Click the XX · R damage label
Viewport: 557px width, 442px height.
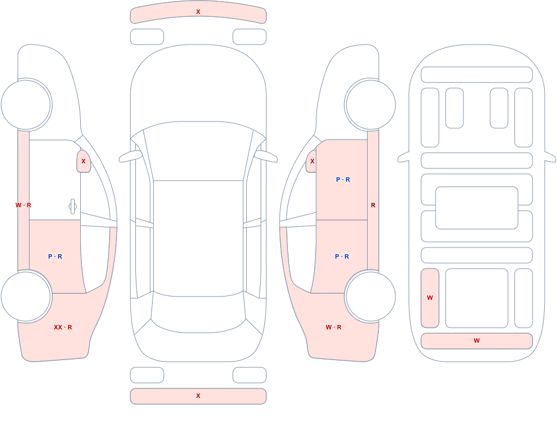pos(63,327)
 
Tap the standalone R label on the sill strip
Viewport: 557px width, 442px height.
pos(373,205)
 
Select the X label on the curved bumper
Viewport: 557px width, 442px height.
pos(198,12)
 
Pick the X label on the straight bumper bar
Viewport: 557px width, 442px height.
pos(198,396)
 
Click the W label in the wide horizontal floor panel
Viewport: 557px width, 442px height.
pos(477,341)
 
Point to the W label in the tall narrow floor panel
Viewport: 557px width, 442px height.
pos(430,298)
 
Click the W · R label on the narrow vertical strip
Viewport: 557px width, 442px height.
pos(23,205)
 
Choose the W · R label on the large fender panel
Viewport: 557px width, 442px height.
pos(334,327)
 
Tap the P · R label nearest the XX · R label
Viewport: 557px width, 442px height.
pos(55,256)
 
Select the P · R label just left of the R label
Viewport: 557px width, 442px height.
pos(343,179)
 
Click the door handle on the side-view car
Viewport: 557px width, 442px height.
pos(72,207)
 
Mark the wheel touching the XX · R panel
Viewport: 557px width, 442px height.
pos(26,296)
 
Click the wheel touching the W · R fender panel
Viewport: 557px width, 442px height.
pos(370,296)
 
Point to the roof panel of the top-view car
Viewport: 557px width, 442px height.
pos(198,238)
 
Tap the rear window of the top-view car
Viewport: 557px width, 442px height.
pos(198,313)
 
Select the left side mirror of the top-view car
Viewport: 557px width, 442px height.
pos(130,157)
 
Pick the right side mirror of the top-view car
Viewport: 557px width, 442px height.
pos(266,157)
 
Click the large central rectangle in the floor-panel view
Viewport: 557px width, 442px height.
pos(477,208)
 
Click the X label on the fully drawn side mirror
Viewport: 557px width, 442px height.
pos(84,161)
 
